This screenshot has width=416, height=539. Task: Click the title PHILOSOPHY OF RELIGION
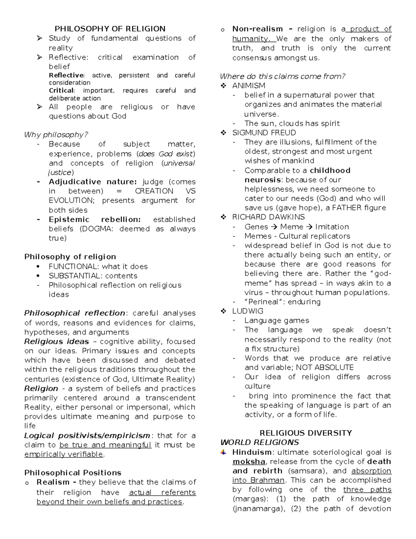coord(110,29)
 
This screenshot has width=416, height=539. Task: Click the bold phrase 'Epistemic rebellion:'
coord(95,219)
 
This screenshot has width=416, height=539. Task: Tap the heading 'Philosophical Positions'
coord(73,473)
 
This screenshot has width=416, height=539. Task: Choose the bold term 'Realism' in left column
coord(53,482)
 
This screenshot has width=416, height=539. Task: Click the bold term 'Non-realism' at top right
coord(258,29)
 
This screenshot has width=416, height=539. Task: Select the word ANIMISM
coord(249,86)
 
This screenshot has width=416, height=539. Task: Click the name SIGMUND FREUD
coord(264,133)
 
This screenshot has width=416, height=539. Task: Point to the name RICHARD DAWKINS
coord(268,217)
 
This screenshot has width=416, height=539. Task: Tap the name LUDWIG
coord(248,311)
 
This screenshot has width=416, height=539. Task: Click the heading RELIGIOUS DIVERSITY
coord(306,433)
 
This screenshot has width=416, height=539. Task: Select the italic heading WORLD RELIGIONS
coord(260,443)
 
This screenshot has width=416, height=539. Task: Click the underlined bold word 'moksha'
coord(249,462)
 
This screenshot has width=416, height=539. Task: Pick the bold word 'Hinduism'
coord(252,452)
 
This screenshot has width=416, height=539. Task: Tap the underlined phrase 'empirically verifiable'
coord(64,454)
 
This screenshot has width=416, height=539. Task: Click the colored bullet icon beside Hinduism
coord(224,452)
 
